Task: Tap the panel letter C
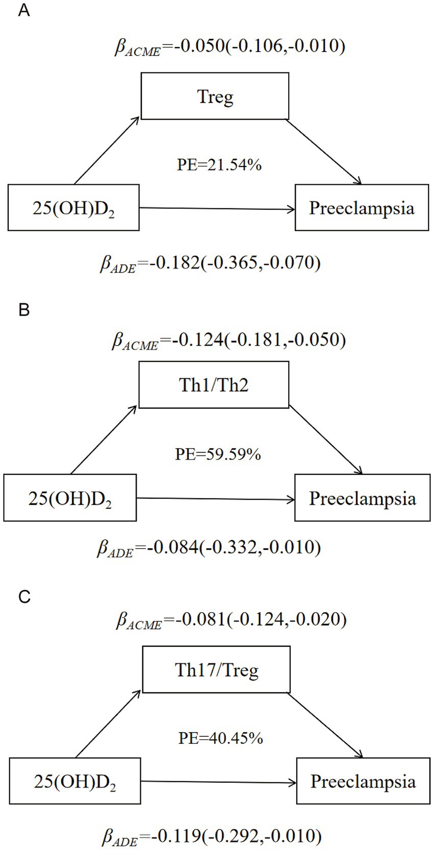[23, 597]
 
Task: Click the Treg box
[215, 96]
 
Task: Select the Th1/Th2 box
[214, 385]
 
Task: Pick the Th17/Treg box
[217, 669]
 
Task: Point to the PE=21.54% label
[219, 165]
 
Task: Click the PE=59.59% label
[218, 454]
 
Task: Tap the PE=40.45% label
[220, 738]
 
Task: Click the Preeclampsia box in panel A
[362, 208]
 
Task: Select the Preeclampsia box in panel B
[362, 498]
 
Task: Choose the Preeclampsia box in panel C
[363, 782]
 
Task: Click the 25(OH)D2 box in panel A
[73, 208]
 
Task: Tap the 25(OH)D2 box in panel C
[74, 782]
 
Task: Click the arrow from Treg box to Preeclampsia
[323, 152]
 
